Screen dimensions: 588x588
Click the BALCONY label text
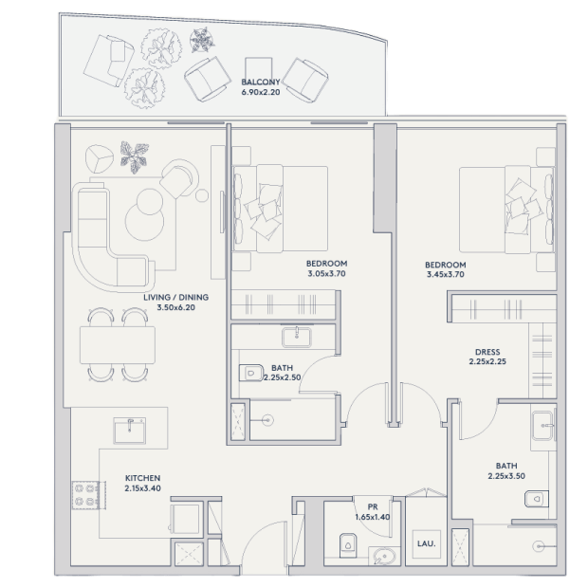click(x=261, y=82)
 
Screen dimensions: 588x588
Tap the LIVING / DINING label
click(x=175, y=298)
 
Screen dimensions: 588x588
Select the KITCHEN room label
click(x=142, y=478)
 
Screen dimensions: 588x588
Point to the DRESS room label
click(x=487, y=352)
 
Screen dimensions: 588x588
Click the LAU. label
click(x=427, y=543)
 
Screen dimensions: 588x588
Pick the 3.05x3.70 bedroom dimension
click(x=326, y=274)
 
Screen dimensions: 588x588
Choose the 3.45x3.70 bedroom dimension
click(x=446, y=274)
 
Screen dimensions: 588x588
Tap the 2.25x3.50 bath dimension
click(x=506, y=476)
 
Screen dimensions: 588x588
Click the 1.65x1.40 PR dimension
click(x=373, y=517)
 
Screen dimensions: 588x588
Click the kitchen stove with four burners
click(x=85, y=495)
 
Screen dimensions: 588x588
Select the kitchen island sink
click(x=130, y=431)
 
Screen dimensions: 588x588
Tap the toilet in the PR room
click(x=348, y=545)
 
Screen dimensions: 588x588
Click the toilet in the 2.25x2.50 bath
click(x=251, y=373)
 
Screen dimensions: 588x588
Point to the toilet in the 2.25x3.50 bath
click(x=537, y=499)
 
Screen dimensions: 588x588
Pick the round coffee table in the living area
click(x=145, y=222)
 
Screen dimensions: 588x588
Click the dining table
click(x=118, y=345)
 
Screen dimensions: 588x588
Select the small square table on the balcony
click(x=259, y=69)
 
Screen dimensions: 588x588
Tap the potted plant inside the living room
click(x=135, y=156)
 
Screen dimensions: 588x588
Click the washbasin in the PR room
click(x=384, y=556)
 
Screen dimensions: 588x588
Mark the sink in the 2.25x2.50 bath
click(x=296, y=337)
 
